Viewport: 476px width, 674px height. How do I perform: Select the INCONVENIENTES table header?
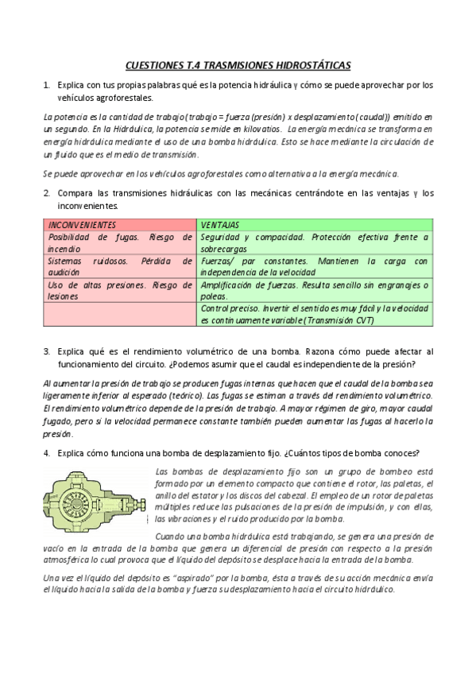coord(82,225)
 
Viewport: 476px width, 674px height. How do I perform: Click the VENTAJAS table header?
coord(221,225)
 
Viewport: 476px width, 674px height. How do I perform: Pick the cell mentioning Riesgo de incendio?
coord(119,242)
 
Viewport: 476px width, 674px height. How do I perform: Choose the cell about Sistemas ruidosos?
coord(119,266)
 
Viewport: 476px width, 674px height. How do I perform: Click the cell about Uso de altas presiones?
coord(119,290)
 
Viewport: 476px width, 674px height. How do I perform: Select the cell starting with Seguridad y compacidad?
coord(315,242)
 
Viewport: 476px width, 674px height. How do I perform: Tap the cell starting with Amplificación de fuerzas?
coord(315,290)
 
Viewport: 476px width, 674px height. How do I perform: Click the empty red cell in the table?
coord(119,314)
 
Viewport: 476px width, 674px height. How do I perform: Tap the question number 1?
coord(47,84)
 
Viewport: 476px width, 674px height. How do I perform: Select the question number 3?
coord(47,351)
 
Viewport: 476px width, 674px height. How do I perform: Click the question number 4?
coord(47,453)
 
